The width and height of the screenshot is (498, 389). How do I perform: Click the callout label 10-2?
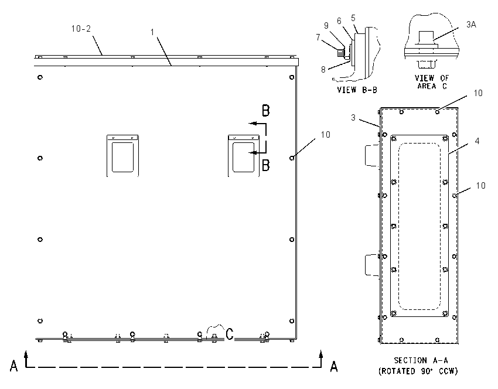click(81, 29)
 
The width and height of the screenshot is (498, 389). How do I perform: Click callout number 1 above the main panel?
click(152, 32)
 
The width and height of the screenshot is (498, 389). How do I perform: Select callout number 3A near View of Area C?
click(471, 25)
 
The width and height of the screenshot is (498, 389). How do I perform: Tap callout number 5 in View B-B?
click(353, 18)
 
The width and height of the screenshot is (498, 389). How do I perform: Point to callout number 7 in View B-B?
click(318, 37)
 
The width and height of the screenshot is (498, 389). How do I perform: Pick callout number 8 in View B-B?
click(323, 70)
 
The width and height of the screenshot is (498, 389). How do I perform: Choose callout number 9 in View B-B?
click(326, 26)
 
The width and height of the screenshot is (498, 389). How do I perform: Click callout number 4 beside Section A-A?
click(477, 141)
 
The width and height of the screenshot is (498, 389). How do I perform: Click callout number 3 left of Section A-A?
click(353, 118)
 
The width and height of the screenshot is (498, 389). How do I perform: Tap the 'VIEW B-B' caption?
click(357, 90)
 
